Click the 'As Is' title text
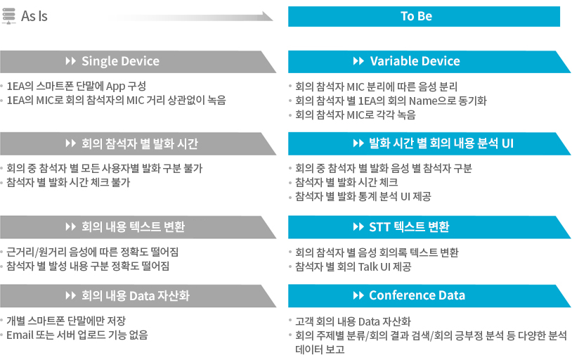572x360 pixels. pyautogui.click(x=34, y=16)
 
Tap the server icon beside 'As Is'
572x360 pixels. pyautogui.click(x=8, y=16)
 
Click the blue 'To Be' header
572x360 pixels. pyautogui.click(x=424, y=16)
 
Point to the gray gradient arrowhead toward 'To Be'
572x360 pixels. pyautogui.click(x=268, y=16)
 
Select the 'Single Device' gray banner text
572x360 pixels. pyautogui.click(x=120, y=61)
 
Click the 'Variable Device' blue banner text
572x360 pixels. pyautogui.click(x=415, y=61)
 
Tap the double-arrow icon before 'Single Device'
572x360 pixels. pyautogui.click(x=70, y=61)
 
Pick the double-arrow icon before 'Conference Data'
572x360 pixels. pyautogui.click(x=358, y=295)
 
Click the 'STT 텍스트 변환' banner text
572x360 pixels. pyautogui.click(x=409, y=226)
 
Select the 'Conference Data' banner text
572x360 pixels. pyautogui.click(x=417, y=295)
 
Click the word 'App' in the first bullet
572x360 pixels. pyautogui.click(x=116, y=86)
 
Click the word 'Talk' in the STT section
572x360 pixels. pyautogui.click(x=368, y=267)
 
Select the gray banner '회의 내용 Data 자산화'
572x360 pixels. pyautogui.click(x=136, y=295)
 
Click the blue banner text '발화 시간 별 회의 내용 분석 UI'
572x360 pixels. pyautogui.click(x=441, y=143)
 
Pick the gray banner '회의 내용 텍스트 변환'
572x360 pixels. pyautogui.click(x=133, y=226)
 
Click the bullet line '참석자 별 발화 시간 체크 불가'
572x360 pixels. pyautogui.click(x=68, y=182)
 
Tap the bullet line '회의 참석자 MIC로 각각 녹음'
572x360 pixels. pyautogui.click(x=356, y=115)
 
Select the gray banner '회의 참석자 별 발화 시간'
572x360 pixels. pyautogui.click(x=140, y=143)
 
